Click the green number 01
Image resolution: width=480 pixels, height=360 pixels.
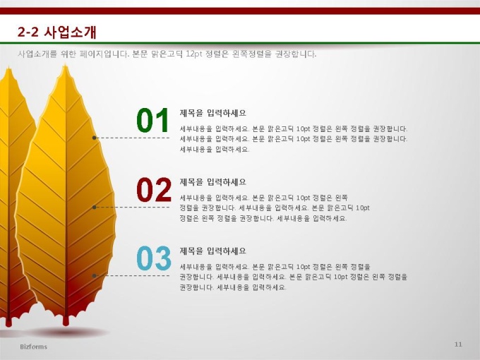click(x=152, y=120)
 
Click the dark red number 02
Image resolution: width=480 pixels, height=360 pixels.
click(x=154, y=190)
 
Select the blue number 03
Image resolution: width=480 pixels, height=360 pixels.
click(x=154, y=258)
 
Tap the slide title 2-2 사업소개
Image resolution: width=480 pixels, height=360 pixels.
click(x=57, y=32)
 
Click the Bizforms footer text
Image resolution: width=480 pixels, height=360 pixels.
click(x=34, y=347)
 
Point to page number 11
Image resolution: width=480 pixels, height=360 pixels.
click(x=458, y=344)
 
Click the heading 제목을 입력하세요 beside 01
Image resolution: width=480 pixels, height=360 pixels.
click(x=212, y=113)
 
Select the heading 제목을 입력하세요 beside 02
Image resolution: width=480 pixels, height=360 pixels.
click(x=212, y=182)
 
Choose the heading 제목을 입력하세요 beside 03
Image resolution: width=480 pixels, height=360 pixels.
click(x=212, y=251)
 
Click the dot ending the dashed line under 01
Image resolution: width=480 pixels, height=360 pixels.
click(x=95, y=138)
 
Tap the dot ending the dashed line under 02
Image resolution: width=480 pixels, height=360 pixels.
click(x=95, y=208)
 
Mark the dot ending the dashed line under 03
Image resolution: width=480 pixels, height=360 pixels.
click(x=95, y=275)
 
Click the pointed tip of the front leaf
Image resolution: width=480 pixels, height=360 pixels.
click(x=65, y=64)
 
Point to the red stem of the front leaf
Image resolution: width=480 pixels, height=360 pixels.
click(x=66, y=320)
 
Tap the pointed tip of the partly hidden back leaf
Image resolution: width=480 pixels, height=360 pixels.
click(x=9, y=67)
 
